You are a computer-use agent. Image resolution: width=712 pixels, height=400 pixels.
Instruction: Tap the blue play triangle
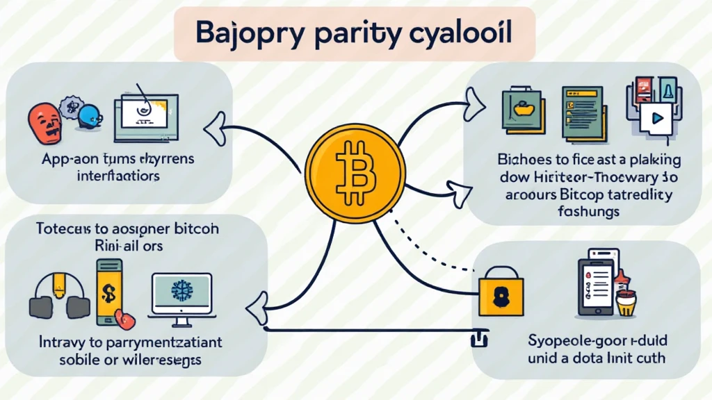(x=656, y=118)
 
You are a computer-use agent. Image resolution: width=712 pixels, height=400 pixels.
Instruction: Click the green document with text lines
(x=581, y=111)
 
